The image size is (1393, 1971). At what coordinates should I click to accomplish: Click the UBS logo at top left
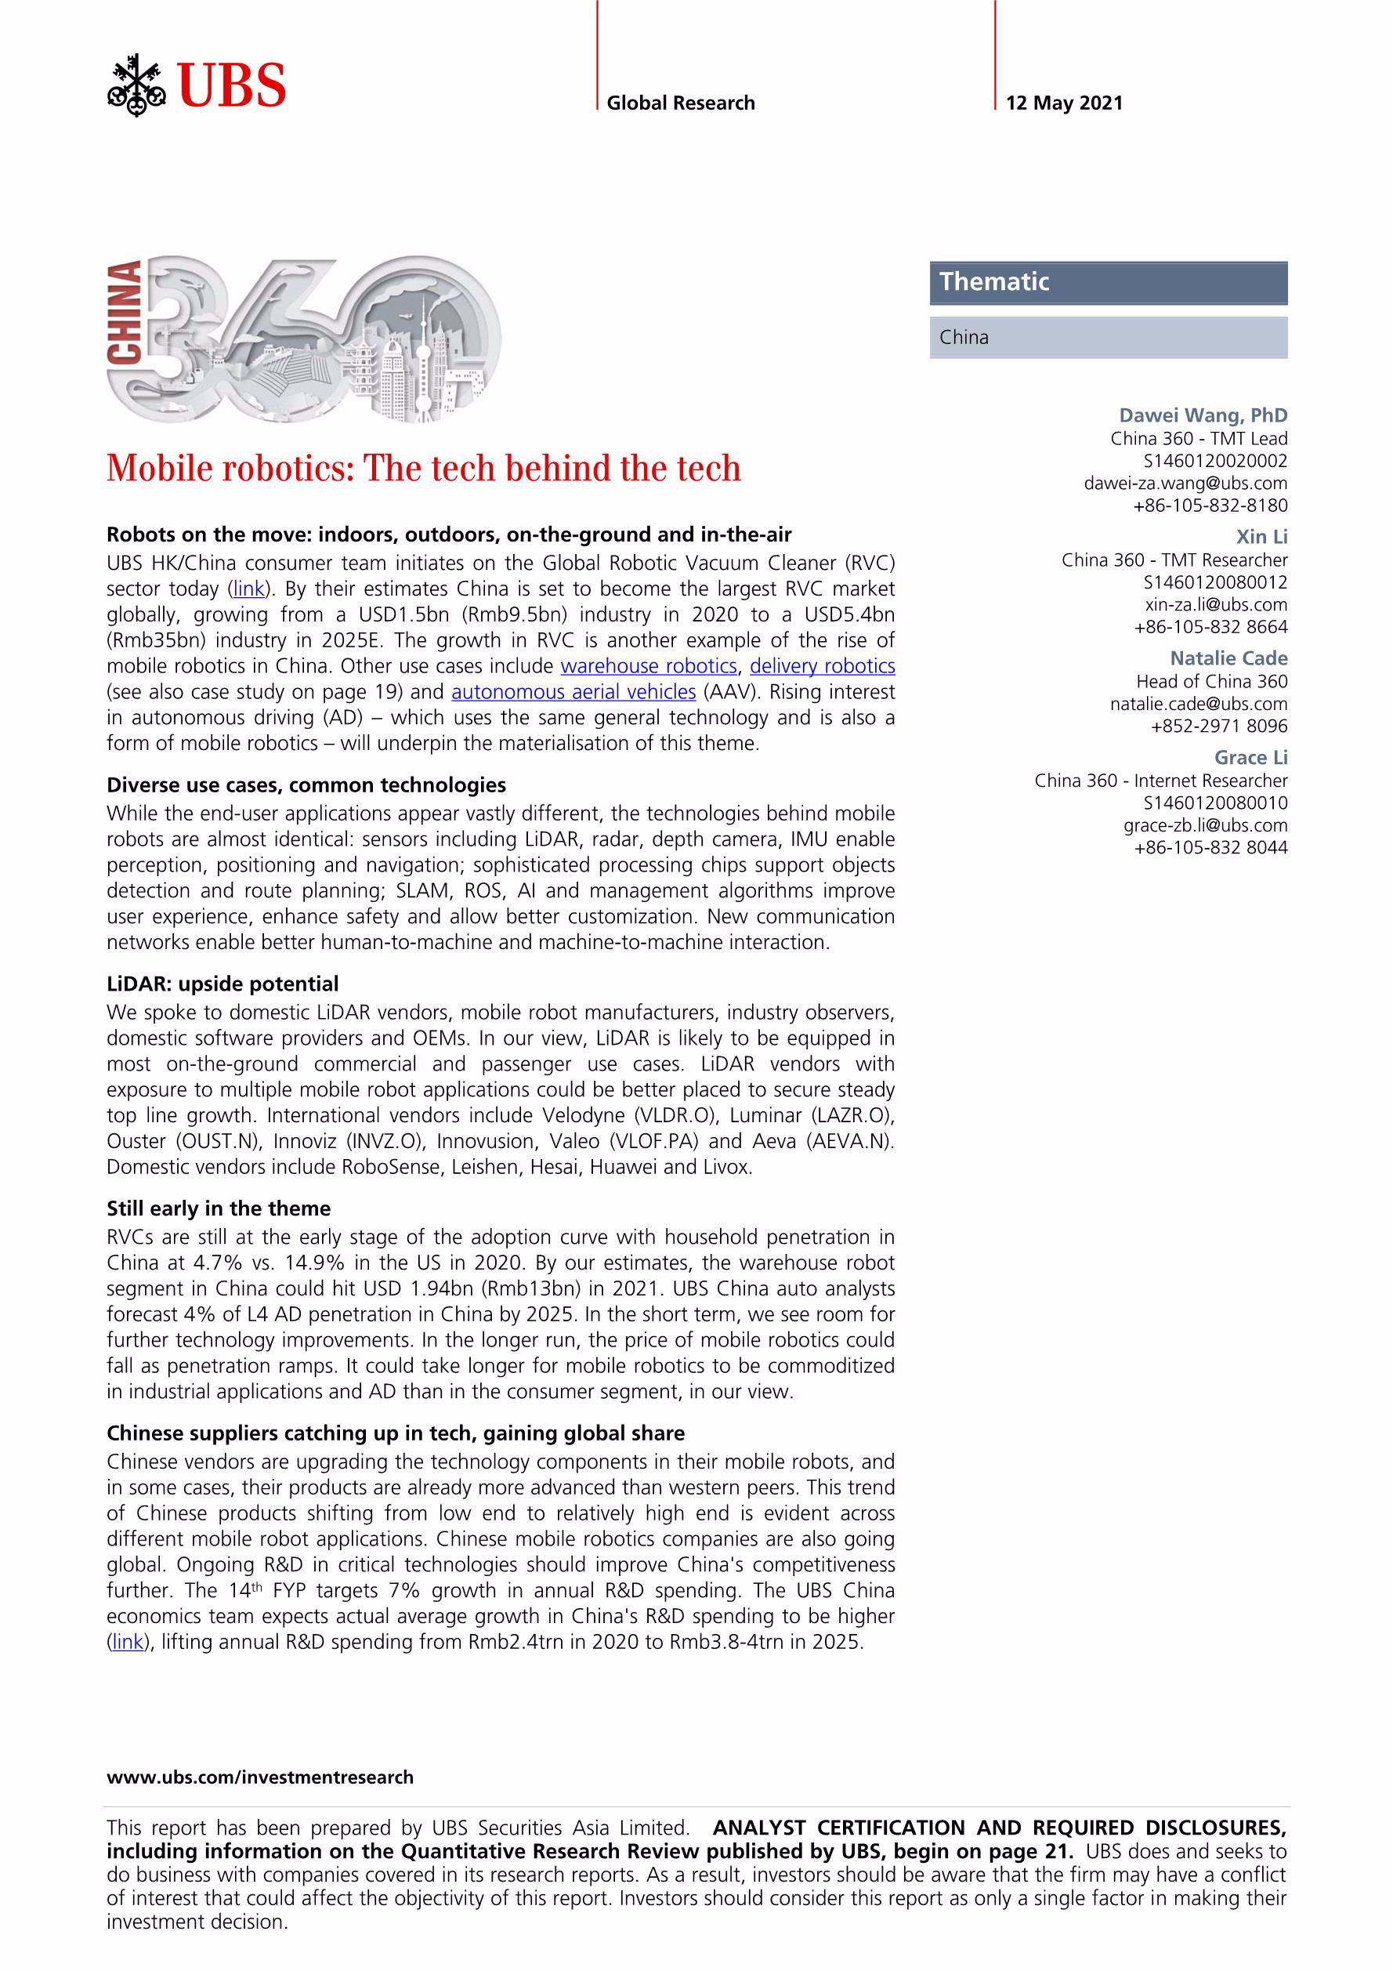197,85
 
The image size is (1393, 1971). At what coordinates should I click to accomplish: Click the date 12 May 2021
1063,103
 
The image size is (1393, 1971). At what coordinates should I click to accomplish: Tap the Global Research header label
681,103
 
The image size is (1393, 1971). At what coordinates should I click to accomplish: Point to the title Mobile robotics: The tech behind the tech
423,469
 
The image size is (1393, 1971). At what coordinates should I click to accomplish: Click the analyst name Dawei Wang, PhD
1203,415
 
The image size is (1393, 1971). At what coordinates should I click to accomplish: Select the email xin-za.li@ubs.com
1215,604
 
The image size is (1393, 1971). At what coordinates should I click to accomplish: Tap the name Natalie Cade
1228,658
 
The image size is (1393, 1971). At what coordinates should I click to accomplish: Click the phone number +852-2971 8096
1219,726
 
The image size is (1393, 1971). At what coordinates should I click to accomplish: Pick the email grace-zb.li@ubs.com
1205,826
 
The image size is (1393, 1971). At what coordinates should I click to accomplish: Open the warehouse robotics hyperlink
649,666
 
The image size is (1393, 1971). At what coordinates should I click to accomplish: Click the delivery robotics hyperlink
822,666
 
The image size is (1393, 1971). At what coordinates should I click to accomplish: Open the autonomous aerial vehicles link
573,692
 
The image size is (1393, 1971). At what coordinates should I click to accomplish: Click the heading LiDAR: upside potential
223,984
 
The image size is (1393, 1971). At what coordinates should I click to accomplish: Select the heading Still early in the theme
218,1208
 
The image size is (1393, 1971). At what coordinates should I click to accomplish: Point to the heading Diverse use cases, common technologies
306,785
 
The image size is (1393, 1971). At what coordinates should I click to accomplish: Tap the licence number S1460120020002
1215,461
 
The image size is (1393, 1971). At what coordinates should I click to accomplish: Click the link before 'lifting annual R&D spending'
128,1642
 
